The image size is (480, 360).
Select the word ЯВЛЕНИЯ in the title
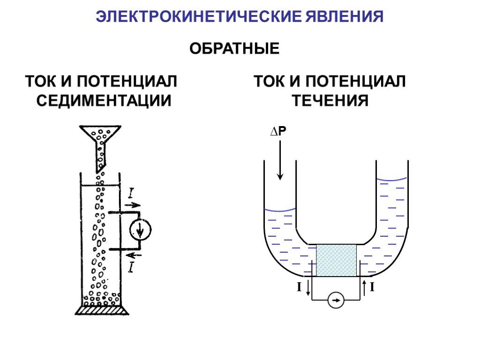point(345,17)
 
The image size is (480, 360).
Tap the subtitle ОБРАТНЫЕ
point(234,49)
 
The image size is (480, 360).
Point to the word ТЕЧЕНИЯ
point(331,101)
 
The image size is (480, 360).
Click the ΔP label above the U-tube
point(277,133)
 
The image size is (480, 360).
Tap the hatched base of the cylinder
point(102,310)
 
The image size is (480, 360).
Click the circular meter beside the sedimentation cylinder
point(141,229)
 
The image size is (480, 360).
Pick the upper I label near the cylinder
point(132,193)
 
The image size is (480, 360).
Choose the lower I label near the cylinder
point(132,268)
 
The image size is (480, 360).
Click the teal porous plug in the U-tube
point(336,260)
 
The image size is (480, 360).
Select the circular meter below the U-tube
point(335,300)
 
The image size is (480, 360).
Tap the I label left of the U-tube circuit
point(299,286)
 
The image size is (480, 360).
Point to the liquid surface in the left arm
point(280,210)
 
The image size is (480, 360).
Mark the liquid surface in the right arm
point(392,180)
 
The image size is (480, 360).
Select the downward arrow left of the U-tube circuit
point(308,287)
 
